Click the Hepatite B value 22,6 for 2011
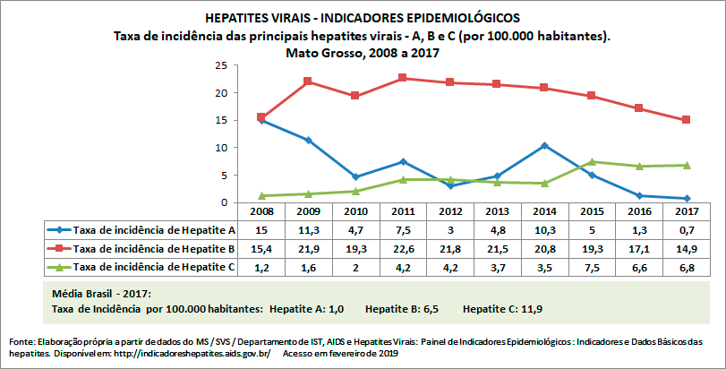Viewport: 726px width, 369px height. (x=403, y=248)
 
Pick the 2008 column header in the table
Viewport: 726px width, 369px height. (x=261, y=210)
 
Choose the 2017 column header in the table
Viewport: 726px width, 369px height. (x=686, y=210)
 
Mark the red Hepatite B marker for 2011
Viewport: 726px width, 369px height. (x=403, y=78)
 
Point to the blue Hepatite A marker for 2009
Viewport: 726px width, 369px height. (x=308, y=140)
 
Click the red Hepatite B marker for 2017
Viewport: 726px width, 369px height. (x=686, y=120)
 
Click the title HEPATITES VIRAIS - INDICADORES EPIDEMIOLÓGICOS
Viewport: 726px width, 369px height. (x=362, y=18)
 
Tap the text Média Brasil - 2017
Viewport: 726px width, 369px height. (x=101, y=294)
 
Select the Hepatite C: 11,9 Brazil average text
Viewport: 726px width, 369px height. (x=502, y=309)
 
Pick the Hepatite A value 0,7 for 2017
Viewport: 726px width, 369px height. (x=686, y=229)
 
